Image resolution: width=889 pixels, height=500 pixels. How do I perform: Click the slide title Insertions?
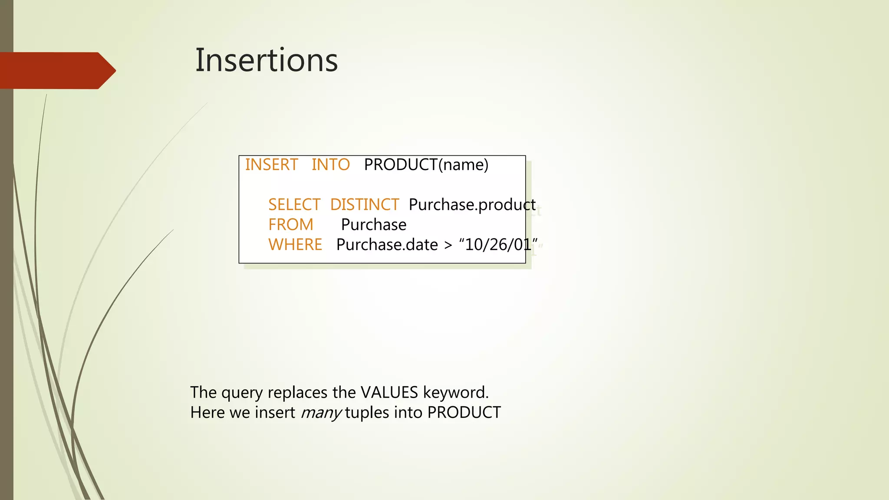tap(266, 60)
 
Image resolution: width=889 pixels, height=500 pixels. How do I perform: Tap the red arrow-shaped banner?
tap(56, 70)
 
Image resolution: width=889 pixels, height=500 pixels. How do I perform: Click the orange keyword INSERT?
tap(271, 165)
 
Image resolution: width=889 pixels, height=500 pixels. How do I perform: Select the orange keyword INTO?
tap(330, 165)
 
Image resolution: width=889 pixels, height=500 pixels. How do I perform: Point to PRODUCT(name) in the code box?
tap(426, 165)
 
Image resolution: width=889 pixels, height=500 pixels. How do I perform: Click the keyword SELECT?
tap(294, 205)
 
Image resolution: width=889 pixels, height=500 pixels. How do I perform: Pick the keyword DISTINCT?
tap(364, 205)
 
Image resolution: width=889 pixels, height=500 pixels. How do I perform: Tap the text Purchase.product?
tap(472, 205)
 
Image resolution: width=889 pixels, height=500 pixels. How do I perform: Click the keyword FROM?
tap(290, 225)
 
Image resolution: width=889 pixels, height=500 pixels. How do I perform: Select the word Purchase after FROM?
tap(373, 225)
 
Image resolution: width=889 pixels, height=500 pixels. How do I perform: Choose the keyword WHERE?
tap(295, 245)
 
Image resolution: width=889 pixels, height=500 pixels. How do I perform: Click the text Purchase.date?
tap(387, 245)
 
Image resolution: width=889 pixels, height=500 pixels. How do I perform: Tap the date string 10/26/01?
tap(498, 245)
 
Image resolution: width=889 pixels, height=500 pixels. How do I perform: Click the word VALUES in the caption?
tap(389, 392)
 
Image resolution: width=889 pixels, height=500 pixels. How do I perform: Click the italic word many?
tap(321, 413)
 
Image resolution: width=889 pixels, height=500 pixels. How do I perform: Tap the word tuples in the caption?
tap(367, 413)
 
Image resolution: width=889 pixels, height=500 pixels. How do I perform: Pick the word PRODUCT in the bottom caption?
tap(464, 413)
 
